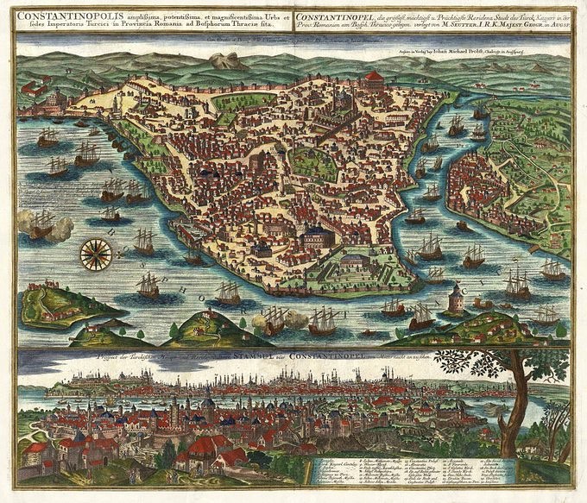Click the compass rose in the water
coord(96,252)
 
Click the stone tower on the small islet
coord(456,299)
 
